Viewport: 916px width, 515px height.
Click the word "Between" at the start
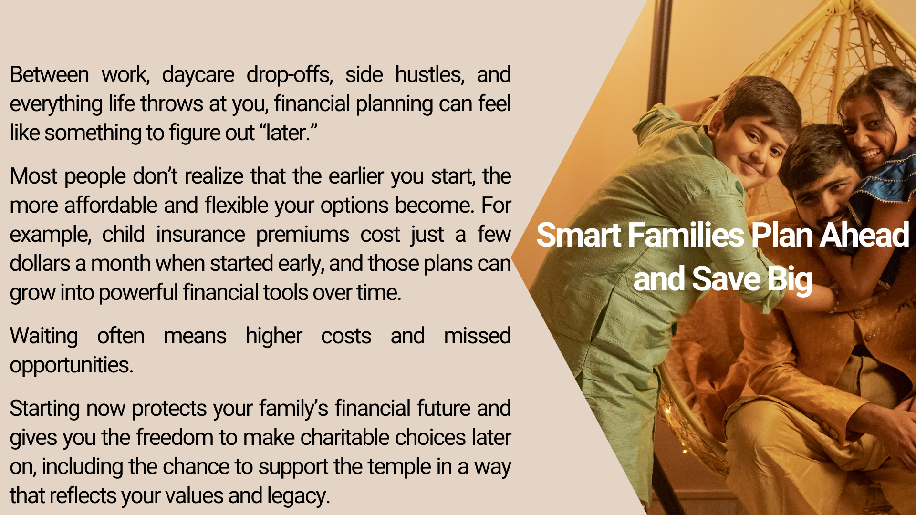(49, 75)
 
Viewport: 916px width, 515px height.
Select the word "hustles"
(430, 75)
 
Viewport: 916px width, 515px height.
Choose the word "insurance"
(201, 235)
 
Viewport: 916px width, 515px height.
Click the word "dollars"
(40, 264)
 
